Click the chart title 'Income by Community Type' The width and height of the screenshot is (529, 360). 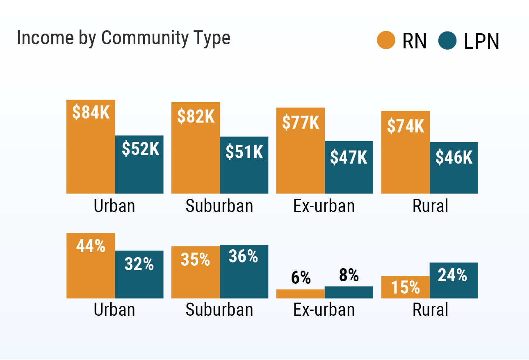point(123,38)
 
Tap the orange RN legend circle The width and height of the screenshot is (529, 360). point(386,41)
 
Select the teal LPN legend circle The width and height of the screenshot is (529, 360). point(447,41)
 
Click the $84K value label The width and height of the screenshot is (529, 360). point(91,112)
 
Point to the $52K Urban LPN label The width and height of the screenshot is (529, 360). point(140,149)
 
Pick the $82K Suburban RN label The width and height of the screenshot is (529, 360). point(196,116)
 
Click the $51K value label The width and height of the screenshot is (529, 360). point(244,152)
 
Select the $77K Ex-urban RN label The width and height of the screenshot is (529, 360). point(301,122)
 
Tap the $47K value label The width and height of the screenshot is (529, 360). point(349,157)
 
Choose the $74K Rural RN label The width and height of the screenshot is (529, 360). point(406,126)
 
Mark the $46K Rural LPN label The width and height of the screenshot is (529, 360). point(454,157)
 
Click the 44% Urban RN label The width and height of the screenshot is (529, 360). point(91,246)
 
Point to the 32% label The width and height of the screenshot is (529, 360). point(139,264)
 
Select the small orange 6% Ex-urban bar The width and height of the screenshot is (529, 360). point(301,294)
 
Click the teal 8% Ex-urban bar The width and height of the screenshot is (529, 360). point(349,292)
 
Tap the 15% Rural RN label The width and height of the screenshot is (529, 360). point(406,287)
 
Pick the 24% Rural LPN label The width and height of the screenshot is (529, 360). point(453,275)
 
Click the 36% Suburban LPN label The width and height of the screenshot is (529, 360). point(244,257)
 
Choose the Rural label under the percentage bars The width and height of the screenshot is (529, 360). point(430,310)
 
